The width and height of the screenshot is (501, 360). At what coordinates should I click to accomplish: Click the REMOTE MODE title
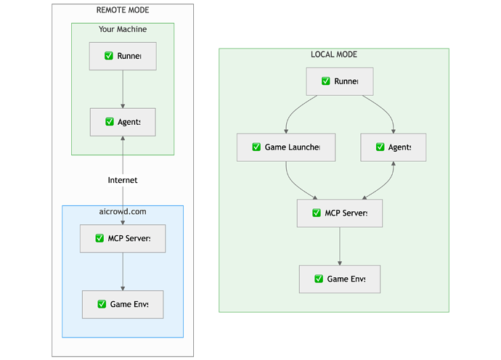pos(122,10)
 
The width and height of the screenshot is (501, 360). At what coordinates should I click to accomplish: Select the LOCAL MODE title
pos(334,54)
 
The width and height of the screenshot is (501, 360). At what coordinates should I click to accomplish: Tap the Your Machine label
pos(123,29)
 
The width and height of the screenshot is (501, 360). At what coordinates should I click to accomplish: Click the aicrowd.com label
pos(123,211)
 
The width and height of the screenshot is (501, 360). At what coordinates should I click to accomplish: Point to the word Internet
pos(123,180)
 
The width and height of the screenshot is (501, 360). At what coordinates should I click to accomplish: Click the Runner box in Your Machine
pos(123,56)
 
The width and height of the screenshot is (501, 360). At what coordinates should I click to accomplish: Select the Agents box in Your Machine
pos(123,122)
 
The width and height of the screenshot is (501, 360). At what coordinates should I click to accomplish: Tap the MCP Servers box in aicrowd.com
pos(123,238)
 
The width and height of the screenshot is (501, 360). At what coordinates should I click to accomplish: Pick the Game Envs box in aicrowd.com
pos(123,304)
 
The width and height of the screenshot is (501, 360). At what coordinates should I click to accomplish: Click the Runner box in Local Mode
pos(340,81)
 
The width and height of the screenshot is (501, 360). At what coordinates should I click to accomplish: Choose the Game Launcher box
pos(286,147)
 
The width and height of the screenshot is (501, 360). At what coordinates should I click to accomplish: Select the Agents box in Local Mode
pos(394,147)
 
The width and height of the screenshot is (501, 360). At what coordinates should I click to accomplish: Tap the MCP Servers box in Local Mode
pos(340,213)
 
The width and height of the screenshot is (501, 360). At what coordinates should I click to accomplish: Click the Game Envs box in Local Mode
pos(340,279)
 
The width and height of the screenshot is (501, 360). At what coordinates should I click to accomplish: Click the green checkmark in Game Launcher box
pos(256,147)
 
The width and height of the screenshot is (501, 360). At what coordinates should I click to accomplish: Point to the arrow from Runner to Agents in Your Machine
pos(123,89)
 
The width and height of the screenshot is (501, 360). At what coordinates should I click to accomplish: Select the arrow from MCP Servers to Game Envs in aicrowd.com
pos(123,271)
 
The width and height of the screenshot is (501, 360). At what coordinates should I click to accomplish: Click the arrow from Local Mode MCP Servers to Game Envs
pos(340,246)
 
